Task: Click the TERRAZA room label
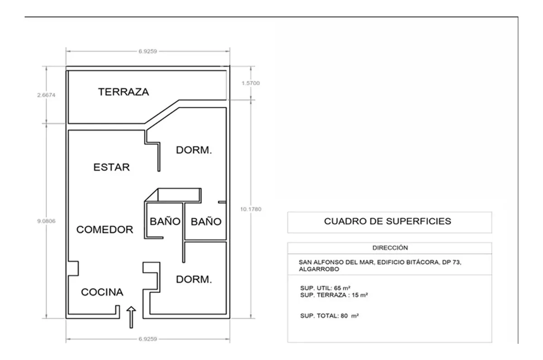tap(124, 92)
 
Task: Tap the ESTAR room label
tap(111, 167)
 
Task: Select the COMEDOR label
tap(105, 230)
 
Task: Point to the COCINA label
tap(102, 292)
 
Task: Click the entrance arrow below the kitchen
tap(131, 317)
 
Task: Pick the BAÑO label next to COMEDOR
tap(165, 221)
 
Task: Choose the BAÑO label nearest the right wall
tap(206, 221)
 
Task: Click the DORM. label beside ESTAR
tap(194, 150)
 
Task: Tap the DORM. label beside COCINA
tap(194, 279)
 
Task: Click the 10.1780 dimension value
tap(251, 209)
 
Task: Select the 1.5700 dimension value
tap(251, 83)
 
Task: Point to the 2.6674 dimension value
tap(46, 95)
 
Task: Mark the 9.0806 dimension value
tap(46, 221)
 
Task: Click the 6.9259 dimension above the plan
tap(148, 52)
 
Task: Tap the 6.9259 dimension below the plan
tap(148, 339)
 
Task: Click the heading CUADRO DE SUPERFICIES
tap(388, 221)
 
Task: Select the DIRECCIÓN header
tap(390, 248)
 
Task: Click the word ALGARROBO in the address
tap(319, 269)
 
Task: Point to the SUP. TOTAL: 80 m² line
tap(329, 316)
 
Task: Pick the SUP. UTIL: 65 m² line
tap(325, 288)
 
